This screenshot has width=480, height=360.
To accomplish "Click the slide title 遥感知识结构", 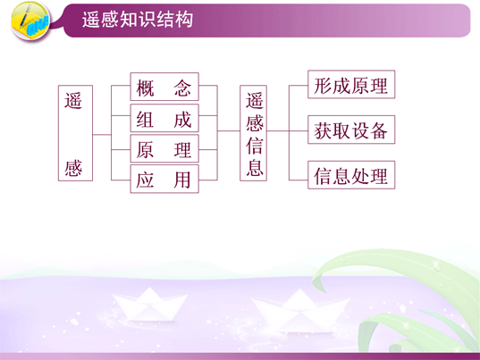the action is coord(138,20).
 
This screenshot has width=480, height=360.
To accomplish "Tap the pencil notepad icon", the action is coord(30,21).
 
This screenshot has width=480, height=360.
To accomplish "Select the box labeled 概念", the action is coord(164,87).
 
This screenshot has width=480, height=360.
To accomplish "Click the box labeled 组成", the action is coord(164,118).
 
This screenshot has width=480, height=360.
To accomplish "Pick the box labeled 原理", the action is coord(164,148).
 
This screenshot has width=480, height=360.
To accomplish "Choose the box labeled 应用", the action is coord(164,179).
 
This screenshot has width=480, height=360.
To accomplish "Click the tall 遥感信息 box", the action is coord(253,133).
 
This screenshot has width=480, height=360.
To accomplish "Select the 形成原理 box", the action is coord(351,85).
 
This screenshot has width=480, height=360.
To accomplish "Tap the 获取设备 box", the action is coord(351,130).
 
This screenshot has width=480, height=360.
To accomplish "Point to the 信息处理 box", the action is coord(351,175).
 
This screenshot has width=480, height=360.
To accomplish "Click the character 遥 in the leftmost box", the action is coord(73,100).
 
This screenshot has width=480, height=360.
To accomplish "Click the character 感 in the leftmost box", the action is coord(73,168).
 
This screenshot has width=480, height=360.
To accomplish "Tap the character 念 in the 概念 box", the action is coord(182,88).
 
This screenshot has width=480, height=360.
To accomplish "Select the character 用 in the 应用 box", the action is coord(182,180).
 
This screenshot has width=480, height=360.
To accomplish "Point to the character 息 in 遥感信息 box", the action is coord(255,168).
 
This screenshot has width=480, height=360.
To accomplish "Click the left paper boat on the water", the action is coord(149,304).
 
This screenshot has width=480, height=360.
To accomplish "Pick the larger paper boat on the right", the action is coord(300,312).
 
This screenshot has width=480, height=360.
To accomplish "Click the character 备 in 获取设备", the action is coord(379,130).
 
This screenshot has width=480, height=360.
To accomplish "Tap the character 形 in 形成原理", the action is coord(323,86).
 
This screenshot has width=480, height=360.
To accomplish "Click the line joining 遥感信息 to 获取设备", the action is coord(287,131).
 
